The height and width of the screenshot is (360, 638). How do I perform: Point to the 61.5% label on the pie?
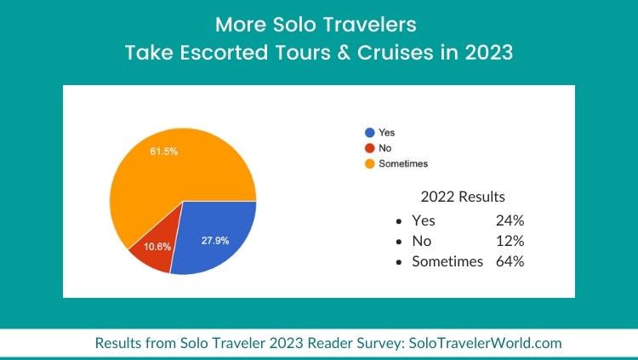tap(164, 151)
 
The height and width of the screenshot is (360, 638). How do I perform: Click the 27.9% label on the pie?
tap(215, 241)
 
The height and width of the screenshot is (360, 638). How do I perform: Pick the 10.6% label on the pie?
tap(157, 247)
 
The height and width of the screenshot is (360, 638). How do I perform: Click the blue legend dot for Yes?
tap(370, 133)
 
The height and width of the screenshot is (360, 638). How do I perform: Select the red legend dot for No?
tap(370, 148)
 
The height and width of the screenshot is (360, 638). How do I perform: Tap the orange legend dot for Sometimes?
tap(370, 163)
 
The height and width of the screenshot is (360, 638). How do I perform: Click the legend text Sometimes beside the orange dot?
tap(403, 163)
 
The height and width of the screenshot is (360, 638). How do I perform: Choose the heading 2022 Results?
tap(463, 197)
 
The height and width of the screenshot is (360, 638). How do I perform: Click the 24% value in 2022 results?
tap(510, 220)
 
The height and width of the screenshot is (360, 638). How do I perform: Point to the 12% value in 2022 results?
tap(510, 241)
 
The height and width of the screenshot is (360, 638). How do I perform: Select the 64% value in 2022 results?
tap(510, 261)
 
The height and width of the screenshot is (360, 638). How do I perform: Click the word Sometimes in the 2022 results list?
tap(447, 261)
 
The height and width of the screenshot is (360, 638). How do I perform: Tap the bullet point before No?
tap(399, 242)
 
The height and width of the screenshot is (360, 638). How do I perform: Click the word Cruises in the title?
tap(396, 53)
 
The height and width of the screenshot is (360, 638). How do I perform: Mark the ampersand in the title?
tap(344, 53)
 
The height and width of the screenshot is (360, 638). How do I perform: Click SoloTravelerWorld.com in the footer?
tap(485, 343)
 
